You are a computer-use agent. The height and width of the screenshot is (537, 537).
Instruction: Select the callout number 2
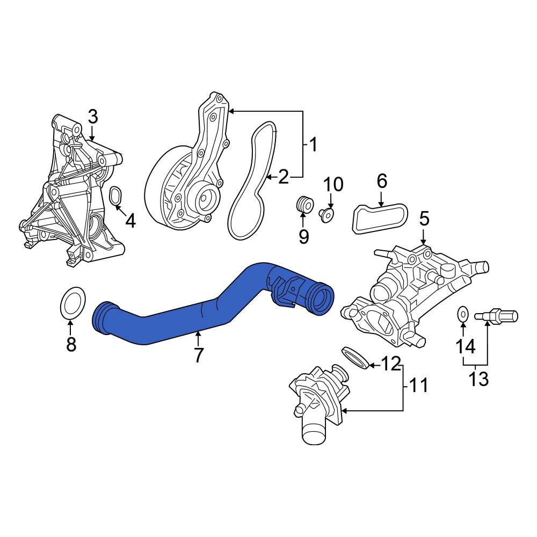[x=284, y=176]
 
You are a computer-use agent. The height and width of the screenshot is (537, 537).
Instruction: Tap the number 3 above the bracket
[x=92, y=117]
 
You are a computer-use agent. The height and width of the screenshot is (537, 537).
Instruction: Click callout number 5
[x=424, y=219]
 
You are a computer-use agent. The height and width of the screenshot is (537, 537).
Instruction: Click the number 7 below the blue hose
[x=198, y=354]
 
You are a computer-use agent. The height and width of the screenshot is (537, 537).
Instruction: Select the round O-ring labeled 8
[x=71, y=303]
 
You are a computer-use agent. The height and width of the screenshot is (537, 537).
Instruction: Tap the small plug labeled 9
[x=304, y=205]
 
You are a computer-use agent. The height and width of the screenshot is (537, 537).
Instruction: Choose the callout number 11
[x=419, y=385]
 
